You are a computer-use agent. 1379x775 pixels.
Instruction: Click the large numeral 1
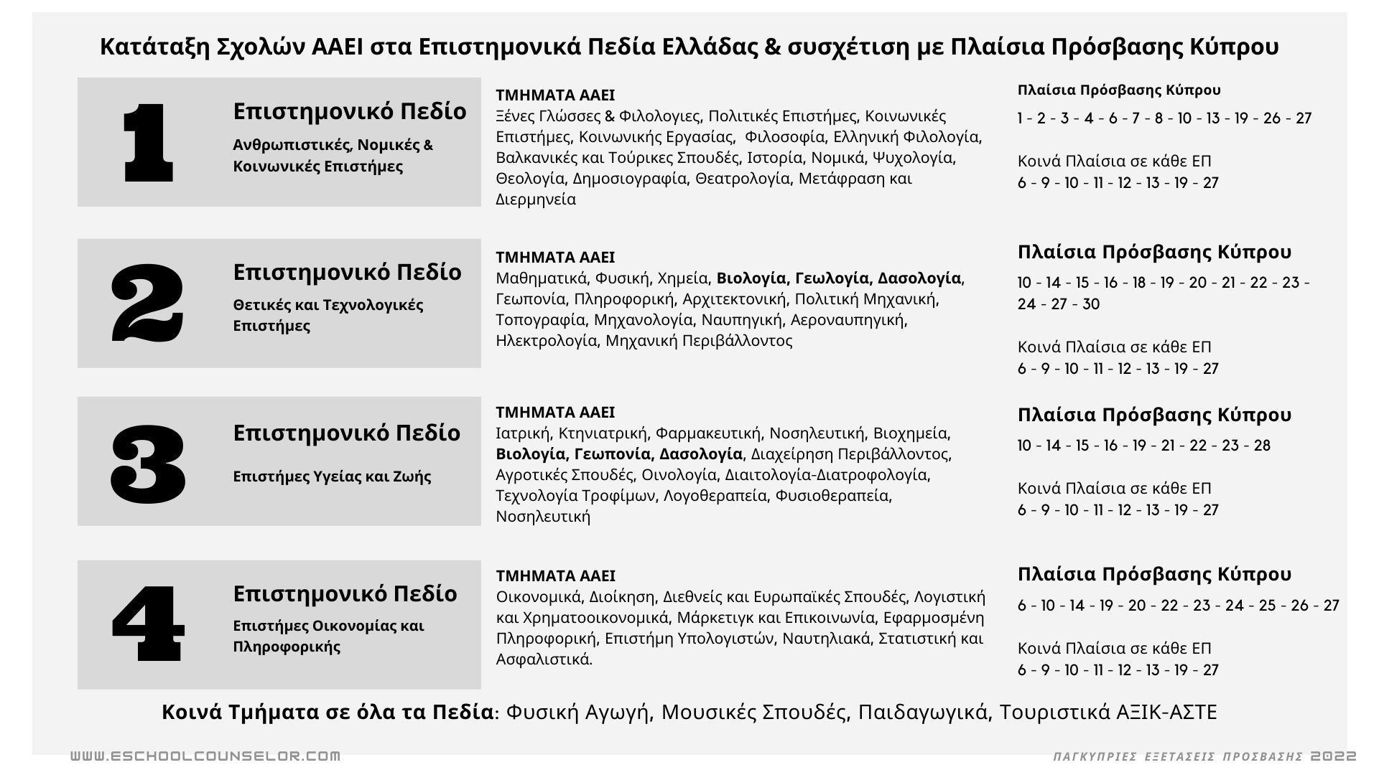[x=149, y=142]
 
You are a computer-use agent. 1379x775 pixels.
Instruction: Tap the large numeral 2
[x=148, y=302]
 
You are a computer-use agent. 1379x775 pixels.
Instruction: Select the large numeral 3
[x=148, y=462]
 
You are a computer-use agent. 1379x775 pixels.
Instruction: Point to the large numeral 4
[x=148, y=623]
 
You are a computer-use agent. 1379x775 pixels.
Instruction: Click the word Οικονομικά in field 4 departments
[x=539, y=597]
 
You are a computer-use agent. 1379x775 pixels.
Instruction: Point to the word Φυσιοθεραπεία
[x=833, y=496]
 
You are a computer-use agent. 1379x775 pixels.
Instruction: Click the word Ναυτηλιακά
[x=827, y=639]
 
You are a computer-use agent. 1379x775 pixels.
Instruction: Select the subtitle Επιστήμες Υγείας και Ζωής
[x=332, y=476]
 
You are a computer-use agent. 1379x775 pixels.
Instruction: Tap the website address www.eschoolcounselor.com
[x=205, y=756]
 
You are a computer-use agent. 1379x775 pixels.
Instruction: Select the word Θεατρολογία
[x=743, y=179]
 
